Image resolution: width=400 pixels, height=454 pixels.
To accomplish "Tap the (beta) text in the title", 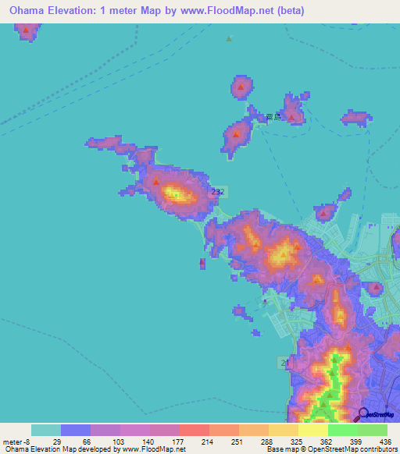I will point(286,10).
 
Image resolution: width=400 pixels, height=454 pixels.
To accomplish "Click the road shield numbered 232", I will point(219,191).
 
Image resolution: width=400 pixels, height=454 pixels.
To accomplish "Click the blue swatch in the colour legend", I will point(76,430).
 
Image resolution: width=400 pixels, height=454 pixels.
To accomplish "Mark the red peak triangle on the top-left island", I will point(27,31).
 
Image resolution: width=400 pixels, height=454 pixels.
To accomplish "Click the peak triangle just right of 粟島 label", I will point(292,117).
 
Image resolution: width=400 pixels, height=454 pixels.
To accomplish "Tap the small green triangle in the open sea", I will point(229,38).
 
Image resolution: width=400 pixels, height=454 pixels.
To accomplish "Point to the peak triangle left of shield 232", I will point(156,183).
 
